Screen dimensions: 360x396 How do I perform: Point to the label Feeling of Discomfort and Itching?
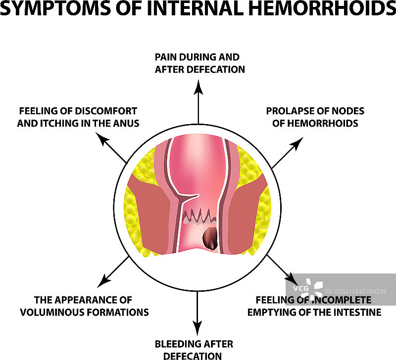pos(77,117)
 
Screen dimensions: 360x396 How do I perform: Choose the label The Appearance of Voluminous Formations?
pos(83,306)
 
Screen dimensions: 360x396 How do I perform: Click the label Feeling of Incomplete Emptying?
pos(315,306)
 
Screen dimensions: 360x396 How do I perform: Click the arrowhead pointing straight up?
pos(198,87)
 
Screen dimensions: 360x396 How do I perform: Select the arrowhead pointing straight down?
pos(198,328)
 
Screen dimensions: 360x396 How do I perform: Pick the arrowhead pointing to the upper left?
pos(102,140)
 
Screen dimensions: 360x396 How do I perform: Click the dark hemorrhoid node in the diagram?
pos(210,238)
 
